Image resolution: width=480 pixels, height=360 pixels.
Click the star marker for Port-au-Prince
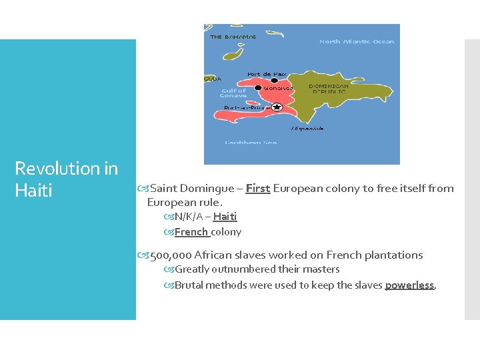pos(277,107)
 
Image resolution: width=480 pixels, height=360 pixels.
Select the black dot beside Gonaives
pos(259,87)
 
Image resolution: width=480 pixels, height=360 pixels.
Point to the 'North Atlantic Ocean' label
pos(357,41)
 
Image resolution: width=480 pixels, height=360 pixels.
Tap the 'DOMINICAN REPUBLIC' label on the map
pos(328,89)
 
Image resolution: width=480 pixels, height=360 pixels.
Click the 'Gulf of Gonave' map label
pos(233,93)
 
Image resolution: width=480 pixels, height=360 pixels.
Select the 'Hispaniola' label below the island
pos(307,128)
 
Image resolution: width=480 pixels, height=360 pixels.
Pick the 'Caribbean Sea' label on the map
pos(251,143)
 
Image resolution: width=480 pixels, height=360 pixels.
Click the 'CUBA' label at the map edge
pos(213,79)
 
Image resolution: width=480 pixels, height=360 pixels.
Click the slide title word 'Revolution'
pos(57,169)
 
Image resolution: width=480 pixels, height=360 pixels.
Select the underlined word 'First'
pos(257,189)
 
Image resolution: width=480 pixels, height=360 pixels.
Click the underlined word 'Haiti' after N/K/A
pos(225,217)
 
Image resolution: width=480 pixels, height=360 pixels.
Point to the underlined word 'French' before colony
pos(191,232)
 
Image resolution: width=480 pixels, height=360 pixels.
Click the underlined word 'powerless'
pos(409,285)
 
